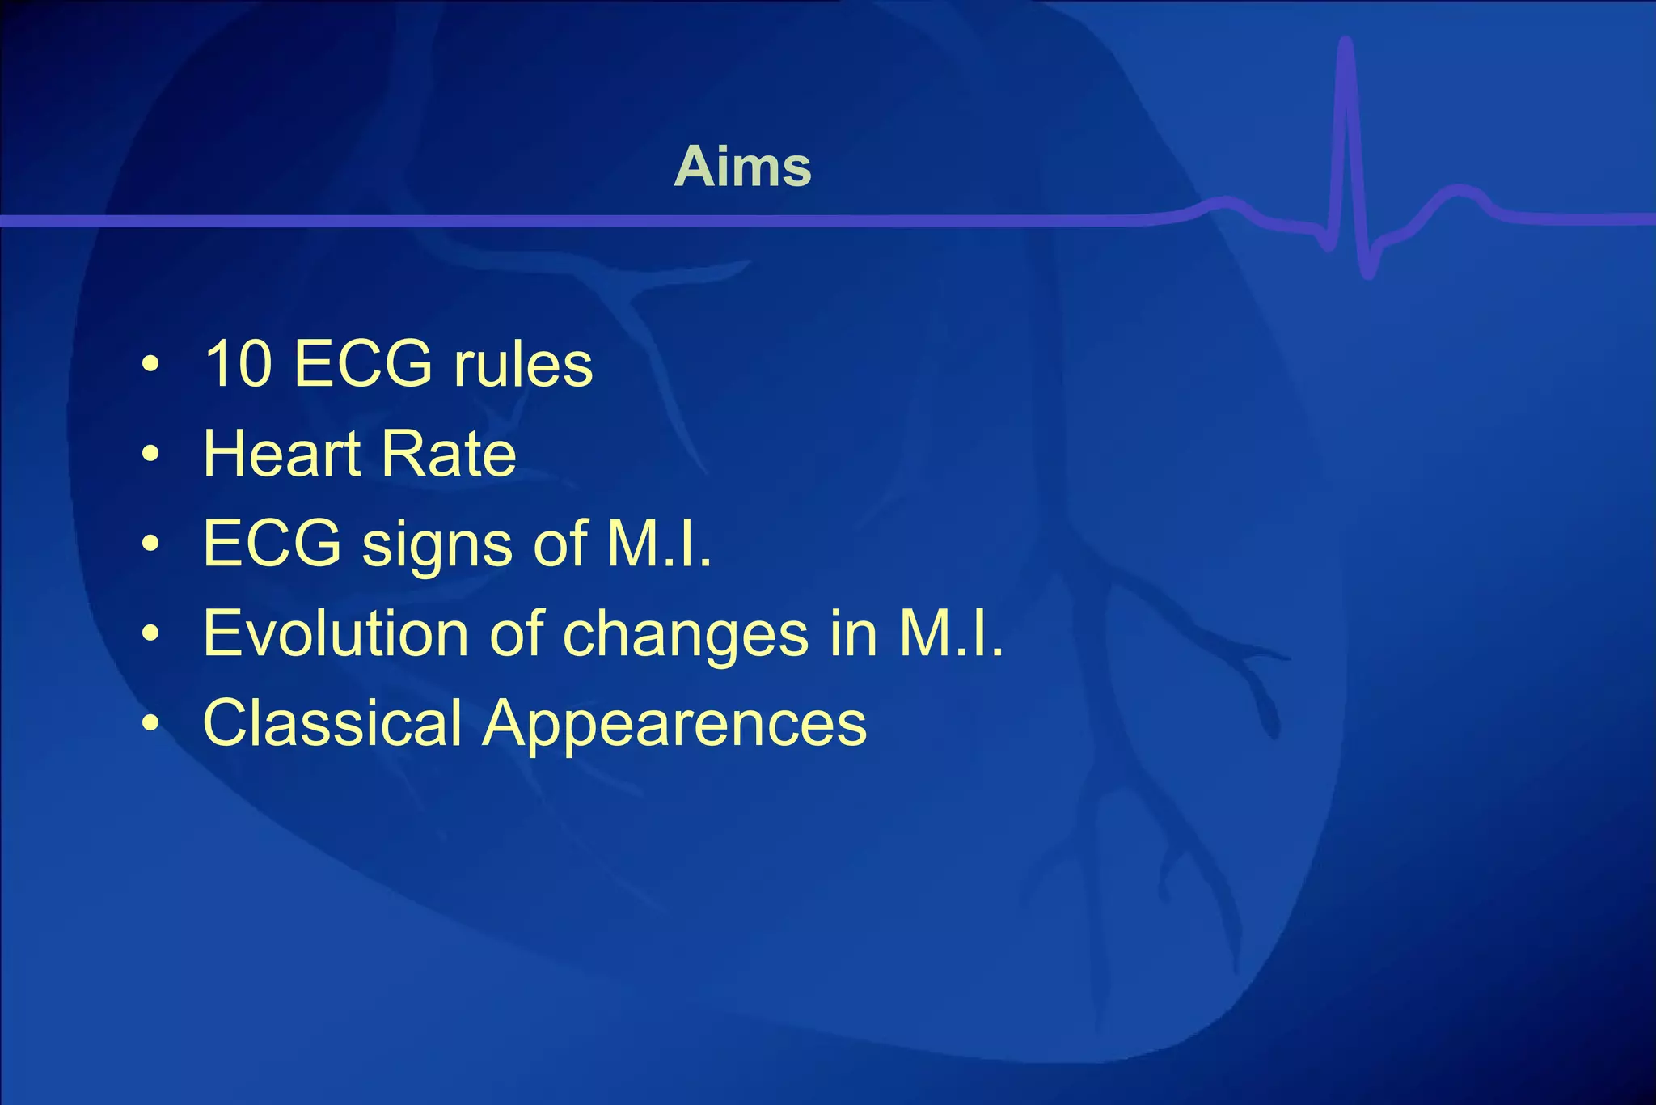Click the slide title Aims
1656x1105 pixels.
tap(742, 167)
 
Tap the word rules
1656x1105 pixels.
tap(523, 364)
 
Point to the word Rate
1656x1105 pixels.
tap(448, 454)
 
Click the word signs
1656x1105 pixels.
tap(437, 544)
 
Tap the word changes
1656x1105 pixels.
tap(685, 635)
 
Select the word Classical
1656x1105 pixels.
tap(332, 722)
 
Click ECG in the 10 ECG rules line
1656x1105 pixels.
tap(363, 364)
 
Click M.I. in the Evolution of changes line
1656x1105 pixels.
tap(951, 633)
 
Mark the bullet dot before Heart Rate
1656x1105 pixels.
tap(150, 455)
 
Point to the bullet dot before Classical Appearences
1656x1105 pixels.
tap(150, 724)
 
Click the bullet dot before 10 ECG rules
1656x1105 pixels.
tap(150, 365)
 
